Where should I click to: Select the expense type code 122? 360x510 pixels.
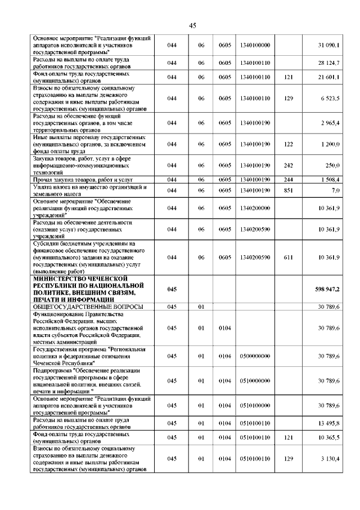point(289,144)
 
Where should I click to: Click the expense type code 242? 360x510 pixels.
point(289,165)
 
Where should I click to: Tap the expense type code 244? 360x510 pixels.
point(289,180)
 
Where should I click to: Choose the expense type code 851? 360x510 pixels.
point(289,190)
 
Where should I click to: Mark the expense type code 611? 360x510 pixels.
point(289,257)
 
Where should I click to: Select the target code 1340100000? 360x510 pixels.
point(255,45)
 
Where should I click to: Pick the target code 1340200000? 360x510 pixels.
point(255,208)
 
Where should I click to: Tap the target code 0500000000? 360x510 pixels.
point(255,356)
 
